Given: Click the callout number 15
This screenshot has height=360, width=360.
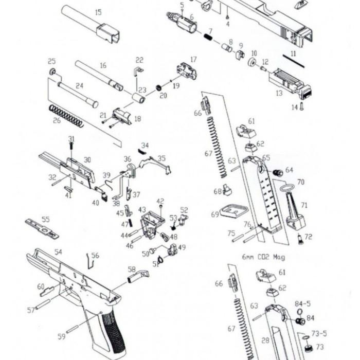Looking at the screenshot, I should tap(98, 12).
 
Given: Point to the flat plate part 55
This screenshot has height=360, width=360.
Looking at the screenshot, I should tap(42, 228).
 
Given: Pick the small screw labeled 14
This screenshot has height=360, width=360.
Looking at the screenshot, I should tap(302, 106).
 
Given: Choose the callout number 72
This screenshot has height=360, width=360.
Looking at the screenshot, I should tap(309, 237).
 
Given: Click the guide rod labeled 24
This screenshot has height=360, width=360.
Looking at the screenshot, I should tap(77, 94).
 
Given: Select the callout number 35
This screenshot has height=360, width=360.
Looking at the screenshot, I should tap(161, 158).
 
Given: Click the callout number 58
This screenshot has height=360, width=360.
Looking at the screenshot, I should tap(132, 269).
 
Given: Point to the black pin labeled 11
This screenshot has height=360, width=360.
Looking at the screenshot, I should tap(294, 60).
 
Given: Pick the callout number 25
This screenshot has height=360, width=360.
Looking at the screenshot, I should tap(51, 61).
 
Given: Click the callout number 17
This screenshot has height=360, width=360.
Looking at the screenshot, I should tap(194, 59).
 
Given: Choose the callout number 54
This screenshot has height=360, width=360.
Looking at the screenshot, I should tap(58, 252).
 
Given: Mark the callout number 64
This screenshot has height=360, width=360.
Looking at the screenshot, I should tap(289, 170).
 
